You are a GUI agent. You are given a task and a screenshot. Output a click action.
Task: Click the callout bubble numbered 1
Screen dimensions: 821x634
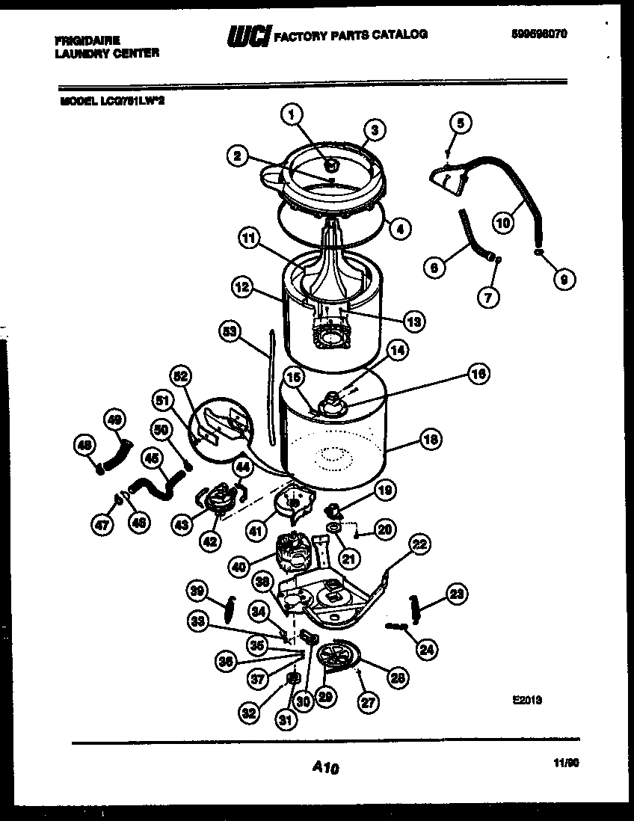click(x=292, y=114)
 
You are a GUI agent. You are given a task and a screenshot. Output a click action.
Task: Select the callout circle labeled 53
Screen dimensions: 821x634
click(x=232, y=332)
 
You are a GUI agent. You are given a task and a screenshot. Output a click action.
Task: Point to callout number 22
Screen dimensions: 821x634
click(x=419, y=544)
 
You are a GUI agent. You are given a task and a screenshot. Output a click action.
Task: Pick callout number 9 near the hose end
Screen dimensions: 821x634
click(x=564, y=279)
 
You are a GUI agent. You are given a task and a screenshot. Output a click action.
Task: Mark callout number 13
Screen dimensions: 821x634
click(x=413, y=322)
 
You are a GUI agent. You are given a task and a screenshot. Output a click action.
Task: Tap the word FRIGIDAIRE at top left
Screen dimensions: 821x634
click(x=88, y=39)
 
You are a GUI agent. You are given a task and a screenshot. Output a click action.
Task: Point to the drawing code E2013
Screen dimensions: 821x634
click(x=527, y=701)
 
